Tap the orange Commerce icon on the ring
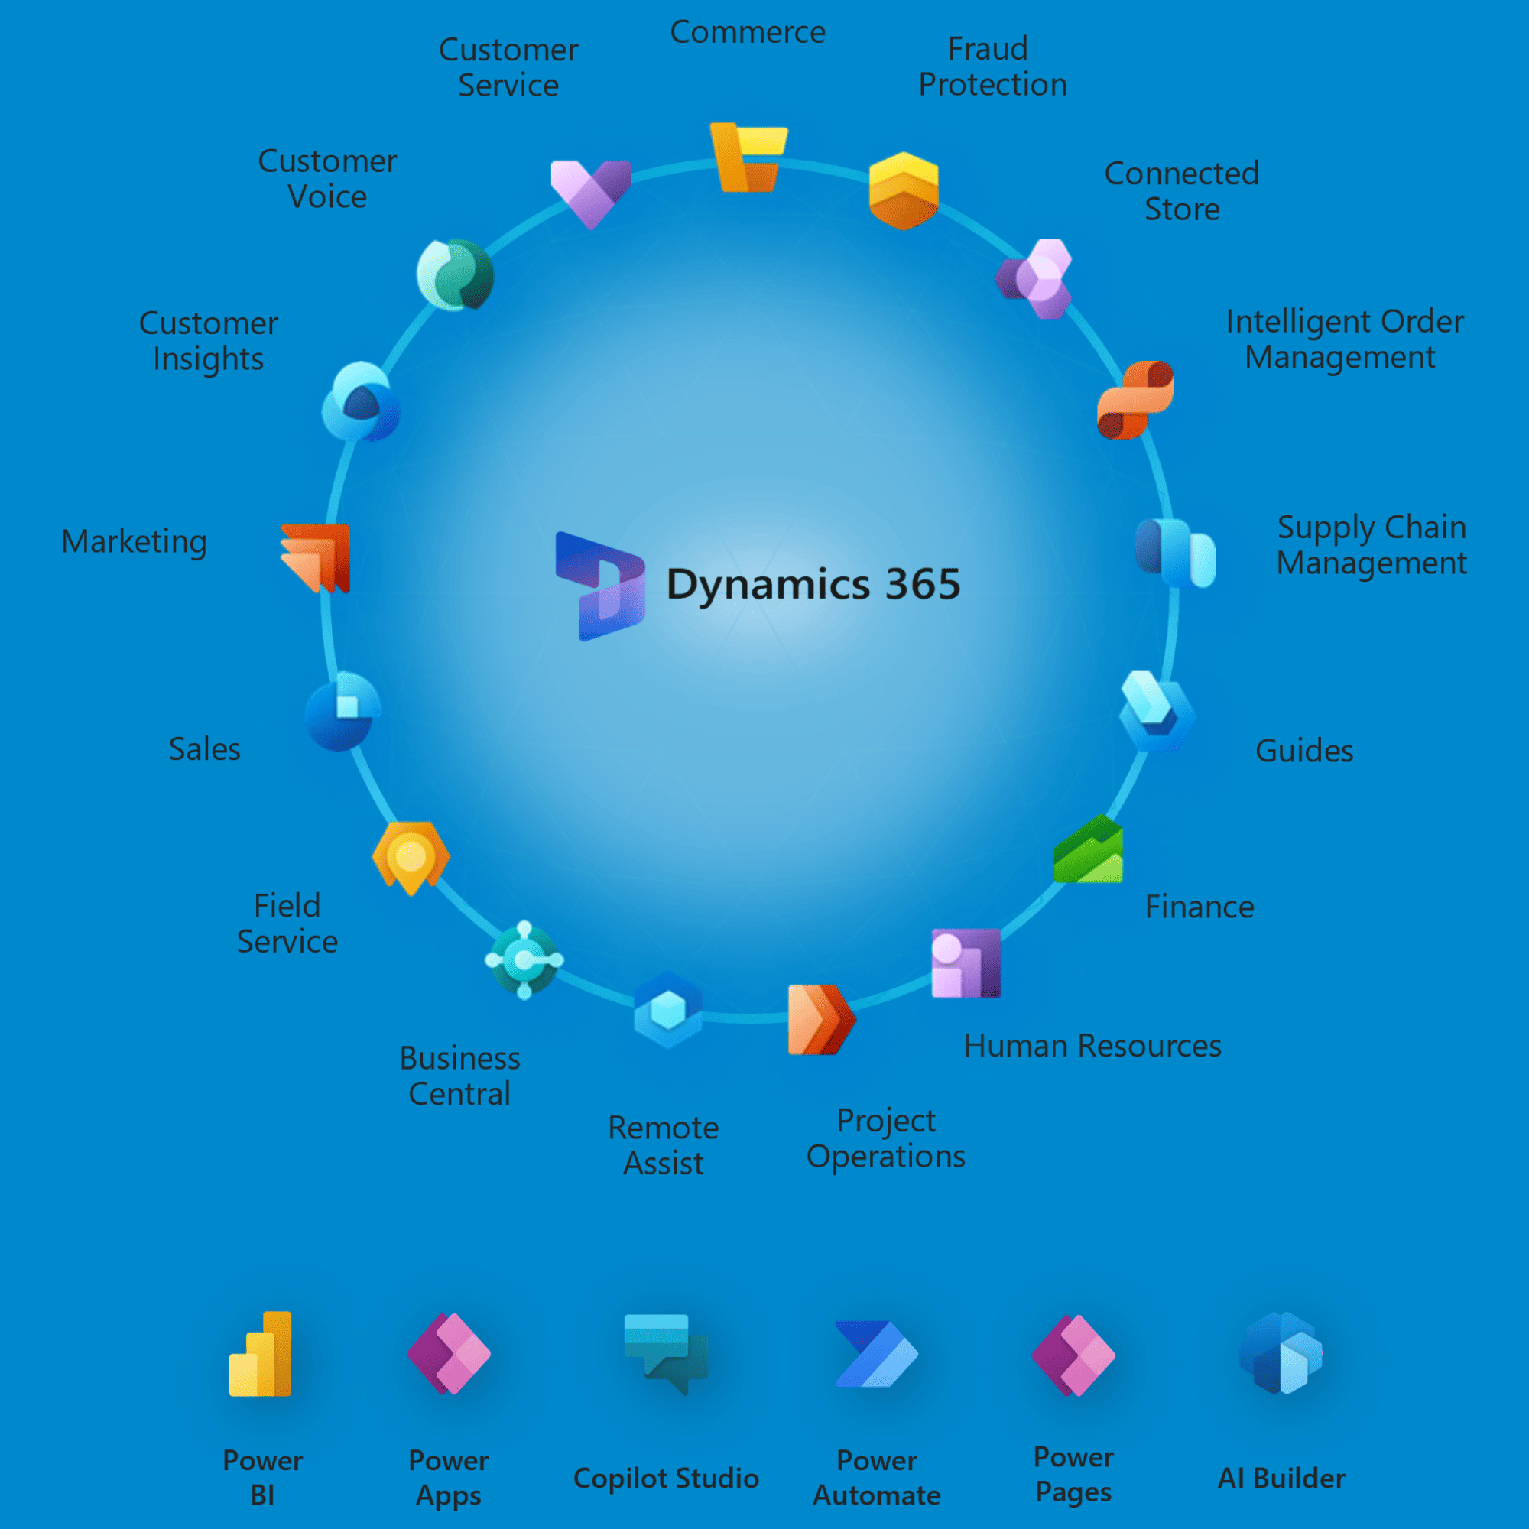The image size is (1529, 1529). [748, 157]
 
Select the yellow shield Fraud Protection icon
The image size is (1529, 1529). [903, 190]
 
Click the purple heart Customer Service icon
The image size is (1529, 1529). [590, 193]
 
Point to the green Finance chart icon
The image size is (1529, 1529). [1088, 850]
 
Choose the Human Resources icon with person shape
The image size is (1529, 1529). [966, 963]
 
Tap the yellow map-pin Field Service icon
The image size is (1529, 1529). [411, 857]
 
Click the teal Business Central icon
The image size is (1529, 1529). [524, 959]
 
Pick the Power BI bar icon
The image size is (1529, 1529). [261, 1354]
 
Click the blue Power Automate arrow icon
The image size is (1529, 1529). [876, 1353]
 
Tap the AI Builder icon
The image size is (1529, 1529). [1281, 1353]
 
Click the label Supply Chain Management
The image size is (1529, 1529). [1372, 544]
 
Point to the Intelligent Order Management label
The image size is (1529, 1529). [1344, 339]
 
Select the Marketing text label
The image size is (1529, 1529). [134, 541]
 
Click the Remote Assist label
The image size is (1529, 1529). [663, 1145]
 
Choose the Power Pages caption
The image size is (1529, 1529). [1073, 1474]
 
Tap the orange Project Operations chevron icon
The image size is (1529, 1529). [820, 1019]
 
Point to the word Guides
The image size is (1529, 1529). [1304, 750]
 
